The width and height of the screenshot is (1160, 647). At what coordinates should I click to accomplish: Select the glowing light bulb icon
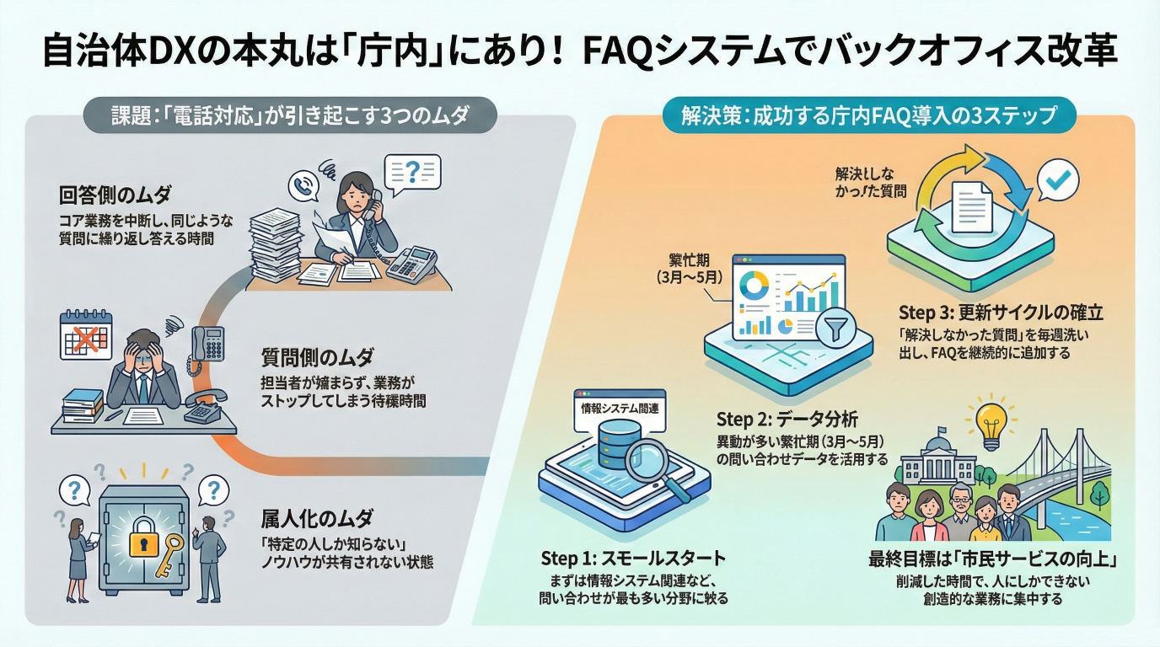click(991, 418)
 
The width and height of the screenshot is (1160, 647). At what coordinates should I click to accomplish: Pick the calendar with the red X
click(86, 336)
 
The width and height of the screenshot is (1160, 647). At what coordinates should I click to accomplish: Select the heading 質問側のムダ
click(317, 357)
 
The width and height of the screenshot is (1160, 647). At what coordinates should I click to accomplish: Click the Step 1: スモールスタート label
click(632, 559)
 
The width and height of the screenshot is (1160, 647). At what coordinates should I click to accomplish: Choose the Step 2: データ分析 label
click(787, 419)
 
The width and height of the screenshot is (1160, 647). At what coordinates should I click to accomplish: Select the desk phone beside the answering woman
click(411, 263)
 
